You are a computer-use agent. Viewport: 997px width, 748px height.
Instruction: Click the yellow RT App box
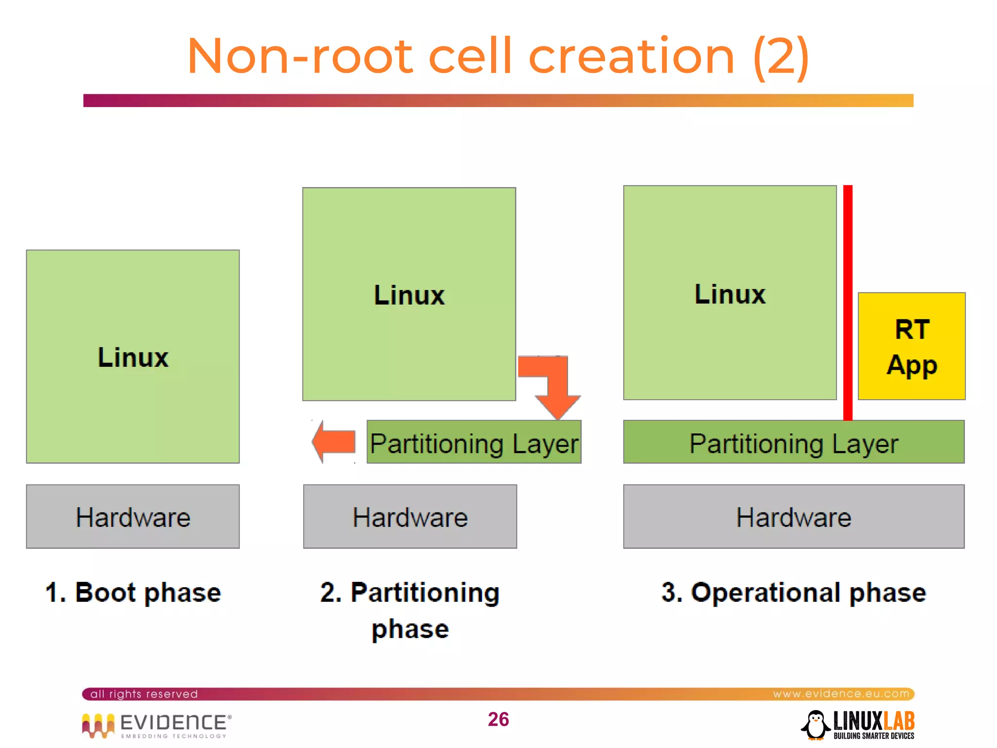(x=911, y=346)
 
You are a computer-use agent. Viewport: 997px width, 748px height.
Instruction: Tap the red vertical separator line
(x=848, y=302)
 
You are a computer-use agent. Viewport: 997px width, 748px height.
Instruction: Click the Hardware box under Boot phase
(x=133, y=517)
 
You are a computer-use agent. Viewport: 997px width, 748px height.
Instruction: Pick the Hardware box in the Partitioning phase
(x=410, y=517)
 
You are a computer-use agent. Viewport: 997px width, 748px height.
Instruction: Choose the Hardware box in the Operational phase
(x=794, y=517)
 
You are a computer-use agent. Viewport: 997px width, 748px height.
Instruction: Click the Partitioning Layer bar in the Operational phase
(x=794, y=443)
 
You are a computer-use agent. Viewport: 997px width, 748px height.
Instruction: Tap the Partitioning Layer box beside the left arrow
(x=474, y=443)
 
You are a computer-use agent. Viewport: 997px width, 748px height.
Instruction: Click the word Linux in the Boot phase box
(x=133, y=357)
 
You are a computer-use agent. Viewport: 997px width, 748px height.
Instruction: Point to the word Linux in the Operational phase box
(x=730, y=294)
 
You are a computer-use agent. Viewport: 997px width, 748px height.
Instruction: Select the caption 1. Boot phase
(x=133, y=593)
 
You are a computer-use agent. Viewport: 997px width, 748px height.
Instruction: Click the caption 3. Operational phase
(x=794, y=593)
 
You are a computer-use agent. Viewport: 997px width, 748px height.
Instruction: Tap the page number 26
(x=498, y=719)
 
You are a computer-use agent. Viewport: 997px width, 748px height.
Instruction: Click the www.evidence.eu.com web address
(x=841, y=693)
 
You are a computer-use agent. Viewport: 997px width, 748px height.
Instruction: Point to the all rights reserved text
(x=144, y=694)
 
